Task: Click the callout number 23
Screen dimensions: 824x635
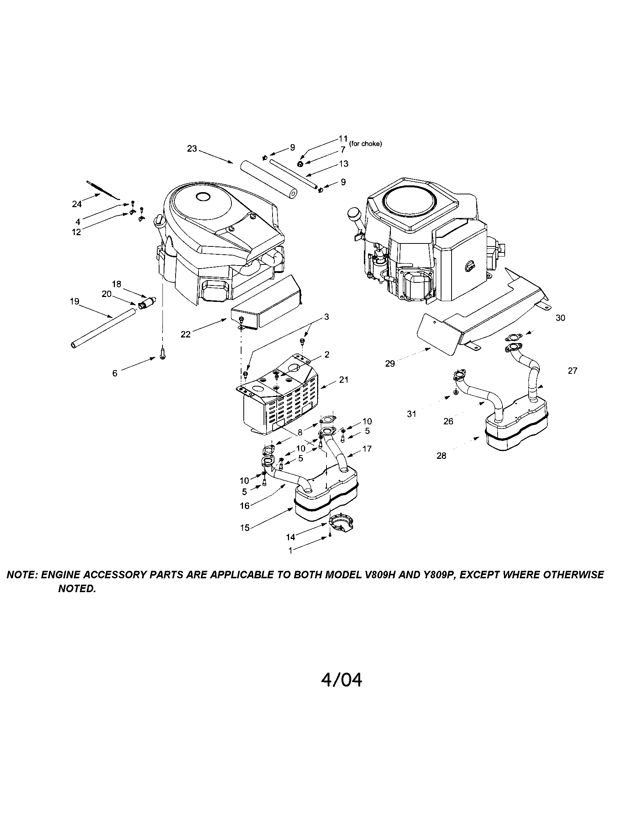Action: (x=192, y=149)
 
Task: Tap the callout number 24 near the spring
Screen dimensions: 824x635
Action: (x=76, y=204)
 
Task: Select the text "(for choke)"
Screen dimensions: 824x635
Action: (x=365, y=144)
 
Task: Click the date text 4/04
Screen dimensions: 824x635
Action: (x=341, y=679)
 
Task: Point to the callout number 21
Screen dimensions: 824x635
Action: (x=343, y=379)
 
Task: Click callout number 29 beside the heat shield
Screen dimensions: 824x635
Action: (x=390, y=363)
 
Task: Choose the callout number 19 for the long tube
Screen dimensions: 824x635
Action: (x=74, y=302)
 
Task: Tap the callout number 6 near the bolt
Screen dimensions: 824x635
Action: (x=115, y=373)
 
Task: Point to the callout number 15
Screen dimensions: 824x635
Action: (x=245, y=528)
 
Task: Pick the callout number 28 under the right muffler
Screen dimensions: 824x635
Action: (x=441, y=456)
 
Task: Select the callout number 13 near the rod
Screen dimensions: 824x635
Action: (x=343, y=164)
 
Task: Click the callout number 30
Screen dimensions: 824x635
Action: (x=560, y=318)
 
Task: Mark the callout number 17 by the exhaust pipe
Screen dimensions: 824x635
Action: (x=367, y=449)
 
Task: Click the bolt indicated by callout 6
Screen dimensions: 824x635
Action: (x=162, y=354)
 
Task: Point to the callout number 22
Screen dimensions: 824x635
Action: (x=186, y=334)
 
